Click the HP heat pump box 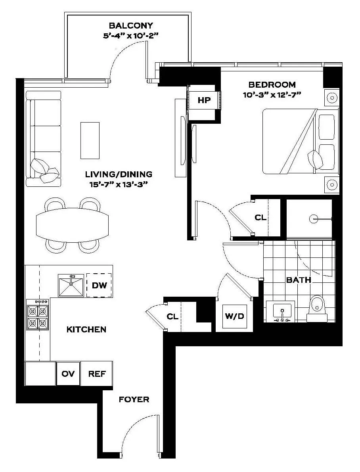click(x=204, y=100)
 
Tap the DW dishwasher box click(x=99, y=285)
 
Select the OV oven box click(x=68, y=374)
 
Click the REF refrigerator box click(x=97, y=374)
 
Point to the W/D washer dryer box click(x=234, y=317)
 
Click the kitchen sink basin click(x=71, y=285)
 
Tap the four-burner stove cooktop click(x=38, y=315)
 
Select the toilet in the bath click(x=318, y=307)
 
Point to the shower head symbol click(x=314, y=218)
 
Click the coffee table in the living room click(x=90, y=140)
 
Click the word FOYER click(x=134, y=399)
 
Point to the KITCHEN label click(x=86, y=329)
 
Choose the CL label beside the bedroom click(x=260, y=218)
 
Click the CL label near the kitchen click(x=172, y=317)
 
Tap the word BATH click(x=299, y=280)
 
